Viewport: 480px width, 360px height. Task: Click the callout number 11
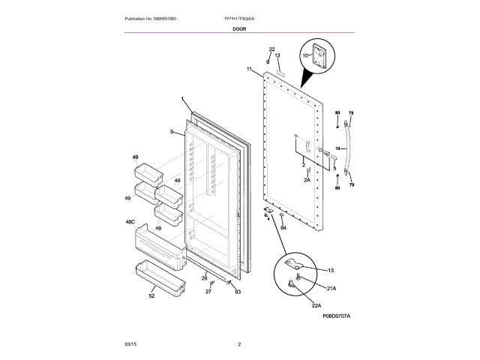point(249,69)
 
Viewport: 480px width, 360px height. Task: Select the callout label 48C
point(130,223)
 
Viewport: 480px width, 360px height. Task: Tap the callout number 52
point(151,296)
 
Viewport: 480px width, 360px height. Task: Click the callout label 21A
point(331,286)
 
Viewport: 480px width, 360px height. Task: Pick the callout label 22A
point(316,305)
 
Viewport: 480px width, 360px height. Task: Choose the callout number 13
point(331,270)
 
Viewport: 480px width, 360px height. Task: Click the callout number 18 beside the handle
point(337,148)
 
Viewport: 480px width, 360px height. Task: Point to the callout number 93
point(237,291)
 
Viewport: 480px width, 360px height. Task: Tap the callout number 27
point(209,291)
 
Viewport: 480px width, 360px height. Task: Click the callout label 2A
point(307,180)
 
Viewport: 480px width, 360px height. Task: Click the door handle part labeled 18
point(346,148)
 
